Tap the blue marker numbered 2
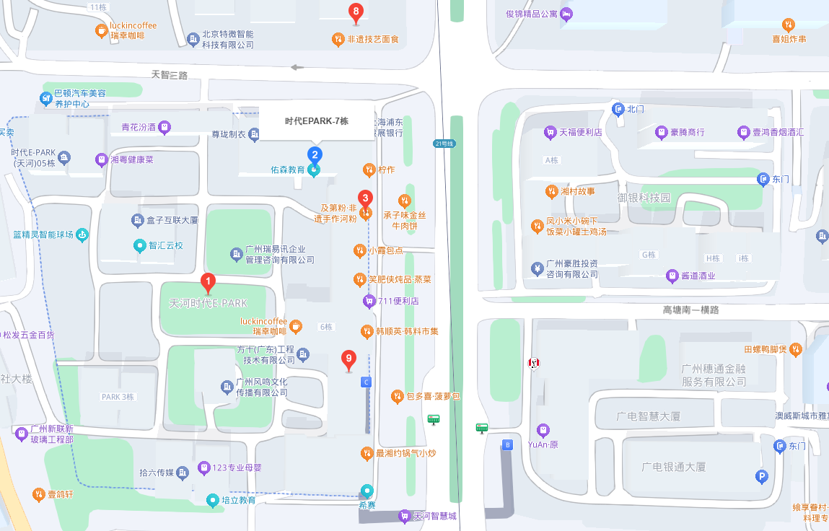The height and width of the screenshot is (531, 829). coord(315,154)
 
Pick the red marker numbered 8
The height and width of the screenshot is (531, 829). coord(355,12)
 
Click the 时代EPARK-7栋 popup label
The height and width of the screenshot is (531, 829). coord(317,121)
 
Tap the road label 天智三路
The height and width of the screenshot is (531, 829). coord(170,75)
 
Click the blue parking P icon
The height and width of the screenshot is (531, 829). coord(761,476)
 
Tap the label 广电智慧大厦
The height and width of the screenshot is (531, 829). coord(648,416)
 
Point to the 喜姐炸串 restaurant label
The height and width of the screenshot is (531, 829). coord(789,39)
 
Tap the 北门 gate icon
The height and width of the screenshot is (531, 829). coord(618,109)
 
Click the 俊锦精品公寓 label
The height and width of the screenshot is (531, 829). coord(532,14)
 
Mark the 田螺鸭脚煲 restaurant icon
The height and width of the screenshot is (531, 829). coord(795,350)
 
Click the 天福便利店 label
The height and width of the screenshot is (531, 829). coord(581,133)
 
